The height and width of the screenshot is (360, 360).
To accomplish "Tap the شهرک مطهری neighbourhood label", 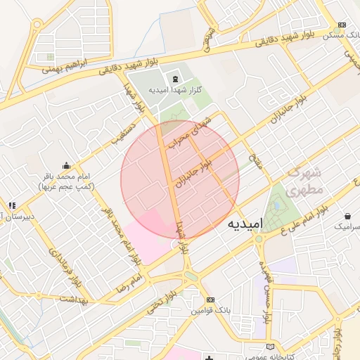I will [305, 181].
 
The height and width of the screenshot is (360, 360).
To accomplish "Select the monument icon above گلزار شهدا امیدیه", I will [174, 77].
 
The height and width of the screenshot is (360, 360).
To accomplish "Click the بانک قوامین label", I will [212, 310].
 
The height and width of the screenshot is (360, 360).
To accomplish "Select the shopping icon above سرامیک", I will [348, 215].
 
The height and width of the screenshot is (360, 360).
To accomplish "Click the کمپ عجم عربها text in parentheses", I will [68, 187].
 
